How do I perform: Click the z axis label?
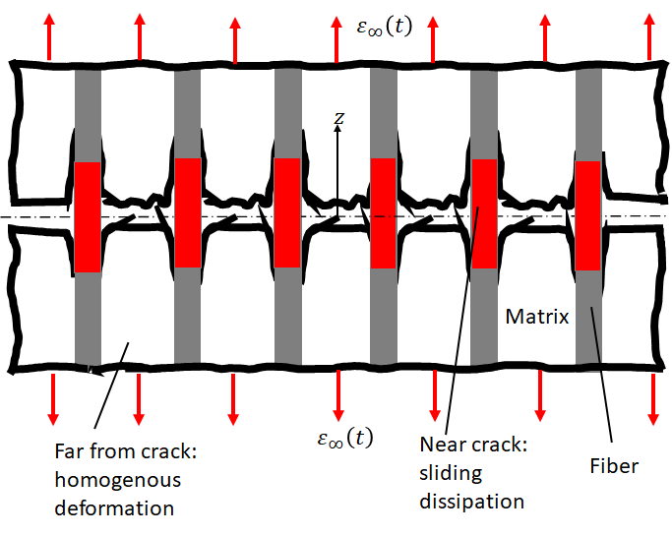tap(338, 118)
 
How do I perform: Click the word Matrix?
tap(537, 318)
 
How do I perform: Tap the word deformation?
tap(114, 507)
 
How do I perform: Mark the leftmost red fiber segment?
tap(88, 217)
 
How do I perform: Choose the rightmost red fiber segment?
tap(588, 215)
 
